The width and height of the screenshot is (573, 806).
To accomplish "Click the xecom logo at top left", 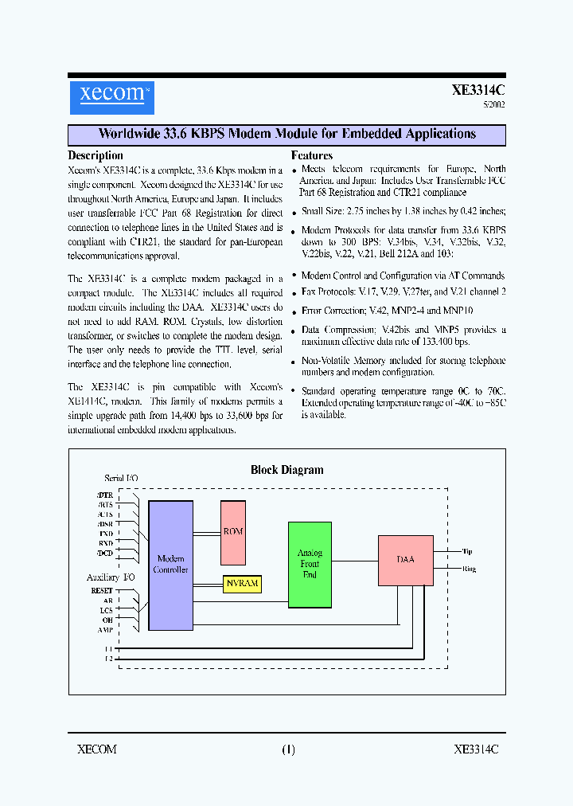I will [111, 95].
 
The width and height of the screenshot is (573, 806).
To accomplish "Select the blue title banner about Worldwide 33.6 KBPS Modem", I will [286, 134].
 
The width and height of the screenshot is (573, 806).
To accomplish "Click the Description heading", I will [95, 155].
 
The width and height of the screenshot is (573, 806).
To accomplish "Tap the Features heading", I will [312, 155].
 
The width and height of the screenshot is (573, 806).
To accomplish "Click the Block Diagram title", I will [287, 470].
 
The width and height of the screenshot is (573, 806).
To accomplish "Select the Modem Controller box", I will [171, 565].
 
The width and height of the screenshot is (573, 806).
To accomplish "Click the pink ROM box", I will [233, 532].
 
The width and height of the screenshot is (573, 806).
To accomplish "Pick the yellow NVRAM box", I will [243, 583].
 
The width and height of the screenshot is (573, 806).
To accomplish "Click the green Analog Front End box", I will [310, 564].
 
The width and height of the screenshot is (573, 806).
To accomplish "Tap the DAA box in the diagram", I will [405, 560].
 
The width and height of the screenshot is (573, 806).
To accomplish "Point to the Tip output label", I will [467, 551].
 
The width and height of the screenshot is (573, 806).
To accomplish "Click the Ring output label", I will [469, 569].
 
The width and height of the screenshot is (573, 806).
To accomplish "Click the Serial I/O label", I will [121, 478].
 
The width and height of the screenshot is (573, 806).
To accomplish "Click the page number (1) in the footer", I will [288, 749].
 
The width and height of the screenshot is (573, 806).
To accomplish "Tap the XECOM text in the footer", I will [97, 749].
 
